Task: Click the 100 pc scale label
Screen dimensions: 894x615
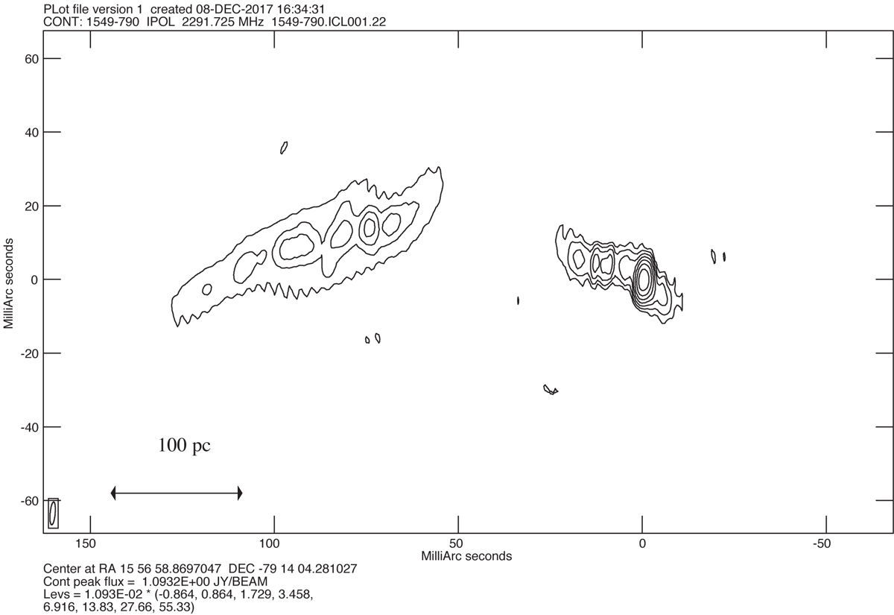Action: tap(185, 445)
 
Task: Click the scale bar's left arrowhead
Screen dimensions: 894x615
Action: tap(113, 493)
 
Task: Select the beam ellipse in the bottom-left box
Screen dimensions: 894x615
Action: tap(52, 513)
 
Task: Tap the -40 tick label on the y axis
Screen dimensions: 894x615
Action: tap(29, 427)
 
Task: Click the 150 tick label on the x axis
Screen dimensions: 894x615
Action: tap(86, 543)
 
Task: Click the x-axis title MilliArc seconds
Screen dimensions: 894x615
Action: tap(466, 556)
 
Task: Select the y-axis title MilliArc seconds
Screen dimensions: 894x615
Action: tap(8, 283)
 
